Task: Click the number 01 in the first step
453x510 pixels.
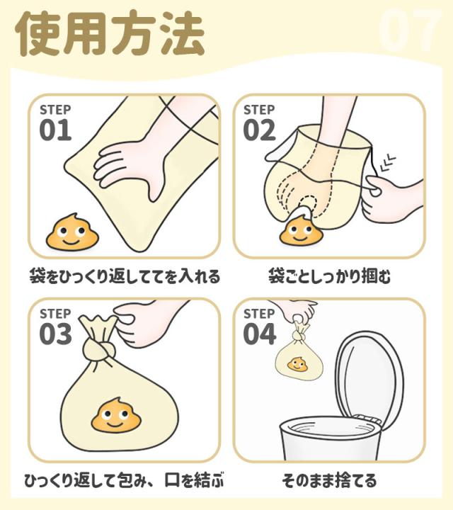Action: point(55,130)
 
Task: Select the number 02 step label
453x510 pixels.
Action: point(259,130)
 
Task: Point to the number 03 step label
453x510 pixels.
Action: point(55,334)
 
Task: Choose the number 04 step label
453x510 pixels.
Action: point(259,334)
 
